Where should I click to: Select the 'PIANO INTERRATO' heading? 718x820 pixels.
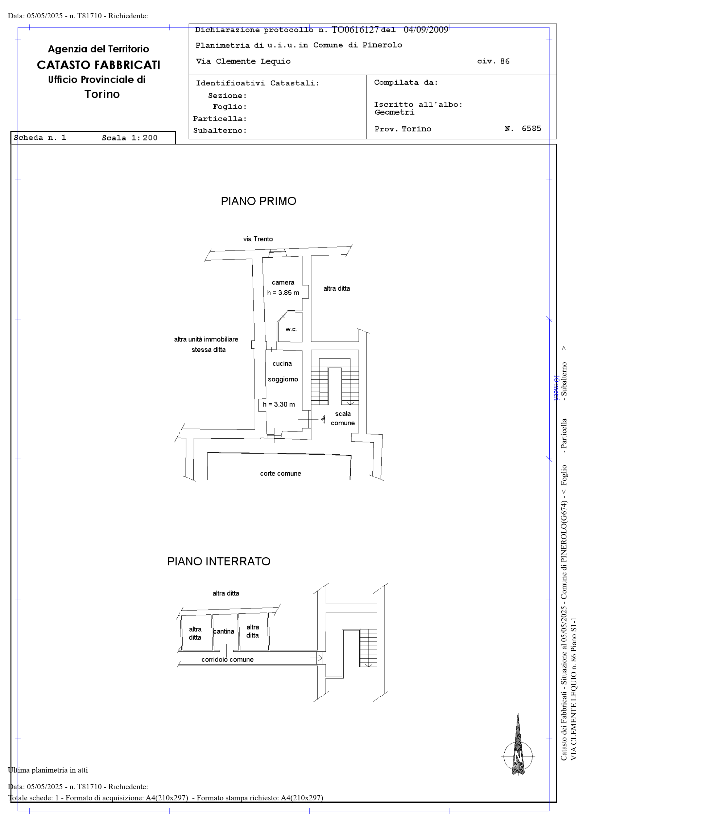[x=219, y=561]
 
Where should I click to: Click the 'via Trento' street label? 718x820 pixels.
[x=258, y=239]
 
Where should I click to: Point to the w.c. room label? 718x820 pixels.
[x=291, y=329]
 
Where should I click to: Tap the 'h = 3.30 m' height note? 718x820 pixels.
[x=279, y=404]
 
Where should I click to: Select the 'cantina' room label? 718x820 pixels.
[x=224, y=631]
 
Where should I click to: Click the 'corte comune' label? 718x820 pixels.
[x=280, y=473]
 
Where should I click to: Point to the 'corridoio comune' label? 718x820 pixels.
[x=227, y=659]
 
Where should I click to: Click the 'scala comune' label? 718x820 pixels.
[x=343, y=418]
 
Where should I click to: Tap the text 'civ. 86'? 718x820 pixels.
[x=493, y=61]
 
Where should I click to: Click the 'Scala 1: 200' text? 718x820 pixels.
[x=129, y=138]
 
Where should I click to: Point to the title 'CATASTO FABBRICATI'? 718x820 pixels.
[x=99, y=65]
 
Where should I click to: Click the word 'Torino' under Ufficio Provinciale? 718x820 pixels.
[x=102, y=94]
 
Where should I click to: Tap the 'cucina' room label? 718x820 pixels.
[x=282, y=363]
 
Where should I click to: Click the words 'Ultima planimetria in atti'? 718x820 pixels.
[x=48, y=770]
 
